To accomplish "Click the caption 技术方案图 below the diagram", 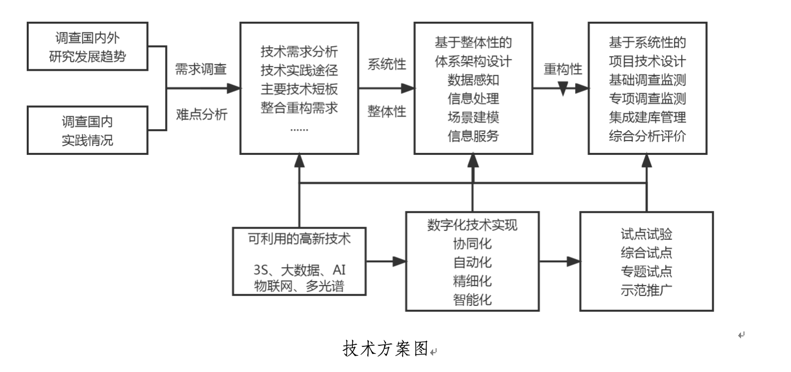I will [385, 349].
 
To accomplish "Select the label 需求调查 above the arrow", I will [200, 69].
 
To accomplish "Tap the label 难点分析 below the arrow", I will [201, 115].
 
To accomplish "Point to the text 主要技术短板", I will [299, 89].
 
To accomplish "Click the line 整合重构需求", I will [299, 108].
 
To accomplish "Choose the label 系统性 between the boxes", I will [386, 64].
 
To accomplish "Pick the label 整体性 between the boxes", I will [386, 111].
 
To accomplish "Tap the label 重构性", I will [563, 69].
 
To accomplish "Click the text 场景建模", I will [473, 117].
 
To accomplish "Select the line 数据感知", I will [473, 80].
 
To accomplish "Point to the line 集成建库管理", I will [647, 117].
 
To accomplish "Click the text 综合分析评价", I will [647, 136].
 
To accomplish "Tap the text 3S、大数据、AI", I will [299, 270].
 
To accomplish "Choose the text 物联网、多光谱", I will [299, 286].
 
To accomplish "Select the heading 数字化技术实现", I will [472, 225].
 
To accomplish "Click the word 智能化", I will [472, 299].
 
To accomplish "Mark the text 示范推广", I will [646, 290].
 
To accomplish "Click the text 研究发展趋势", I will [87, 56].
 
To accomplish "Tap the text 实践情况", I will [87, 140].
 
